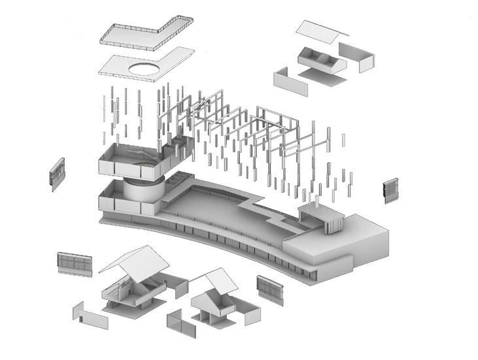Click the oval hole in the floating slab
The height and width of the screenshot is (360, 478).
(148, 68)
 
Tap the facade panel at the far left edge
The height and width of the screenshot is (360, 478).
(58, 174)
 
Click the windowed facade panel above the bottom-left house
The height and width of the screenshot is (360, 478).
(74, 263)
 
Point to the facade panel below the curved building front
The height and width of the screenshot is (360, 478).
(269, 289)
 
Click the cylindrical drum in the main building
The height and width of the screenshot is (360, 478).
(141, 190)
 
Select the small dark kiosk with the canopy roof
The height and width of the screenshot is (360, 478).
(320, 218)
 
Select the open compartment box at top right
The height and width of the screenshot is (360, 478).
(321, 60)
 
